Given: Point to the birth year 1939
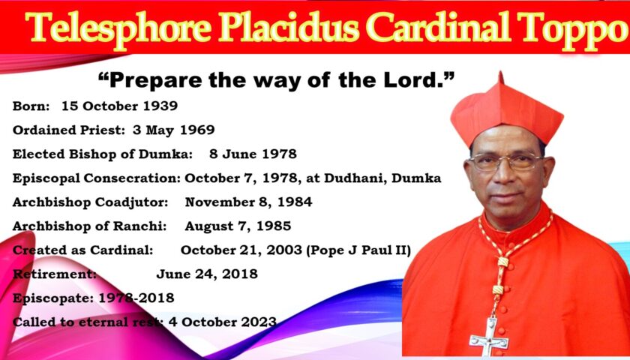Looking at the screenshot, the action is [160, 106].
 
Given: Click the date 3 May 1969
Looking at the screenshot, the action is [173, 130].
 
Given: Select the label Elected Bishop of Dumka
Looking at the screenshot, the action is [103, 154].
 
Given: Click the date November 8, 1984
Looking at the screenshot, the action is [248, 202].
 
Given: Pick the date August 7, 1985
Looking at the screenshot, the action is [238, 226].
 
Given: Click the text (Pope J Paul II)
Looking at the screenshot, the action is [358, 250].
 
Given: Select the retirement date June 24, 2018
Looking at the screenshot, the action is [207, 274].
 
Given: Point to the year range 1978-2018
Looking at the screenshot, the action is [136, 298].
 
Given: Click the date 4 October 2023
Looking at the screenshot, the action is [223, 322].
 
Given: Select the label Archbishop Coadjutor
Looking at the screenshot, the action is [91, 202].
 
